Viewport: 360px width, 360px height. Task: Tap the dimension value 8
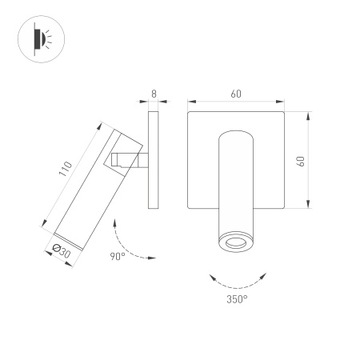click(x=154, y=94)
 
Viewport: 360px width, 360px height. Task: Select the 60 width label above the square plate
click(x=236, y=94)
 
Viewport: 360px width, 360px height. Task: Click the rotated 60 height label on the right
click(x=300, y=161)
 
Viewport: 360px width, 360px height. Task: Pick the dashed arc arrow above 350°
click(x=237, y=279)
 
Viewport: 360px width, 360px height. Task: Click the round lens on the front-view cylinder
click(x=236, y=242)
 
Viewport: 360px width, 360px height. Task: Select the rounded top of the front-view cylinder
click(x=236, y=133)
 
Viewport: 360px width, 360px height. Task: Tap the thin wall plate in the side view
click(x=154, y=160)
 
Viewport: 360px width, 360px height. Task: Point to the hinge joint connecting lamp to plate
click(x=128, y=160)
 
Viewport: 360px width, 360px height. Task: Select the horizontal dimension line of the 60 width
click(x=236, y=102)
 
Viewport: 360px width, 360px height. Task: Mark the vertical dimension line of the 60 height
click(x=309, y=161)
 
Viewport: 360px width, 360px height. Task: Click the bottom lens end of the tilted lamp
click(x=66, y=240)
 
